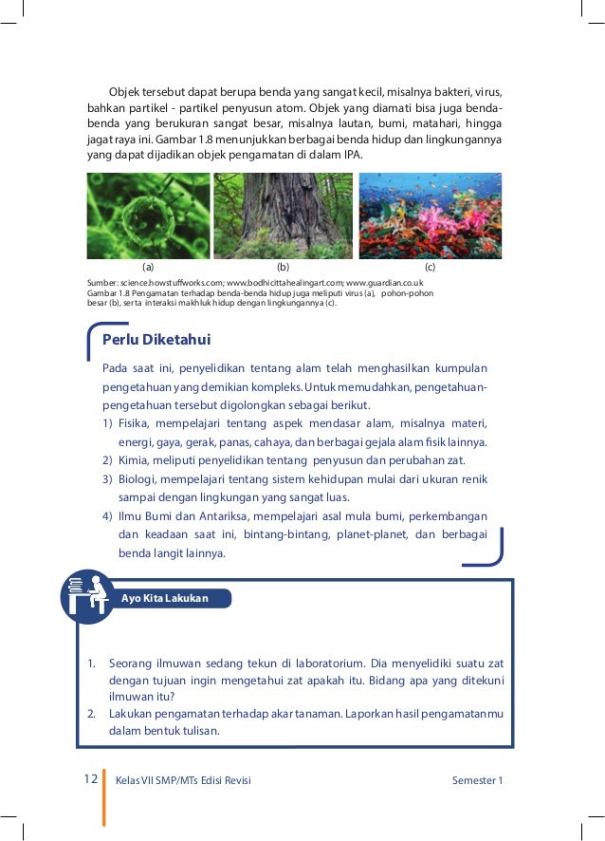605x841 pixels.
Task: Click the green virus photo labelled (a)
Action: point(149,216)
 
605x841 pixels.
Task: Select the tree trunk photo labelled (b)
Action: point(283,216)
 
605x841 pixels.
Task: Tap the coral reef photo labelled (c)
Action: point(430,216)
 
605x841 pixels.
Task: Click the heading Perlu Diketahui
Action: point(156,340)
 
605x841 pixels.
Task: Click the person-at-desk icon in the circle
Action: point(87,596)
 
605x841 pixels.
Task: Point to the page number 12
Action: point(91,779)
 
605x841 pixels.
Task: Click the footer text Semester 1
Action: point(478,780)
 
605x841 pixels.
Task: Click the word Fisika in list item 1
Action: point(134,424)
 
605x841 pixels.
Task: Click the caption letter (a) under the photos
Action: point(148,269)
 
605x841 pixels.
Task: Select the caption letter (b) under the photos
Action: point(283,269)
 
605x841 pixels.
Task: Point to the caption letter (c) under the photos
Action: point(430,269)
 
